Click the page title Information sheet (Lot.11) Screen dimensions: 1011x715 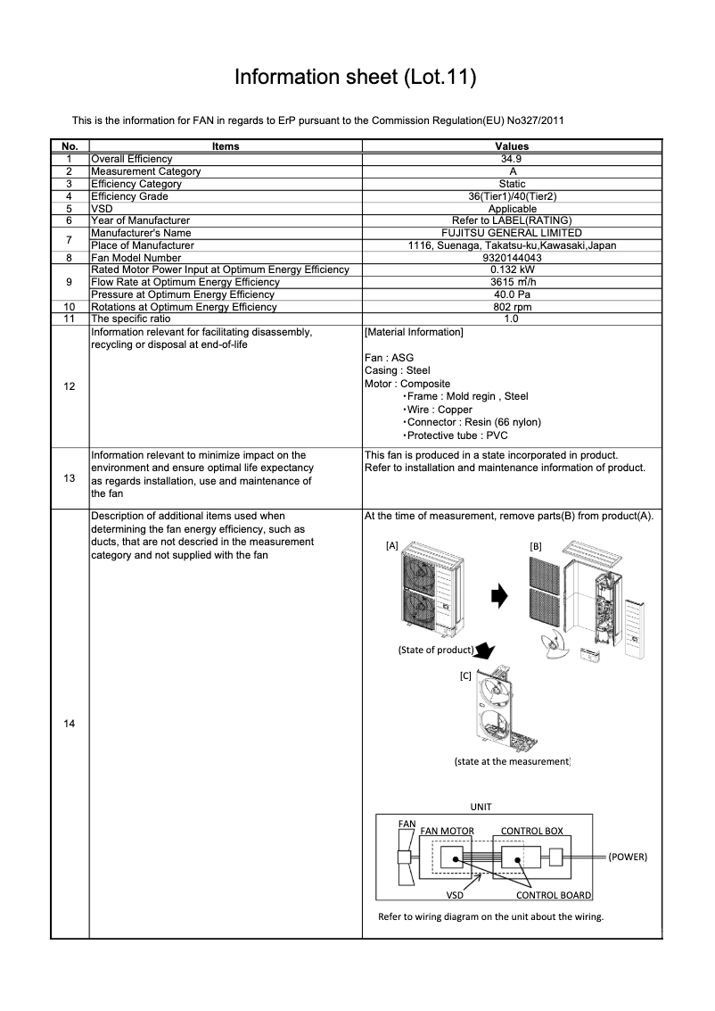pyautogui.click(x=355, y=78)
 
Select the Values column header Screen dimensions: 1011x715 pyautogui.click(x=512, y=146)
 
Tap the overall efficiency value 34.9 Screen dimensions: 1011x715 pyautogui.click(x=512, y=159)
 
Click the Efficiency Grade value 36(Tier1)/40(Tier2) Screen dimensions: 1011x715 pyautogui.click(x=512, y=196)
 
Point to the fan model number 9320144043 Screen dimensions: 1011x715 pyautogui.click(x=512, y=258)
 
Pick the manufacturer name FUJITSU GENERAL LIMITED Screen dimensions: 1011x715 pyautogui.click(x=512, y=233)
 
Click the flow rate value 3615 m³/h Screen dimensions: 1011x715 pyautogui.click(x=512, y=282)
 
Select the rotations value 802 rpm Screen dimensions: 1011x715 pyautogui.click(x=512, y=307)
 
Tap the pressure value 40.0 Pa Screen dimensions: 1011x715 pyautogui.click(x=512, y=294)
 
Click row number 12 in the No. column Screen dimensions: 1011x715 pyautogui.click(x=70, y=386)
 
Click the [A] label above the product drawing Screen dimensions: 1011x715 pyautogui.click(x=391, y=545)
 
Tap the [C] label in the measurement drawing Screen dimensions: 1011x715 pyautogui.click(x=464, y=675)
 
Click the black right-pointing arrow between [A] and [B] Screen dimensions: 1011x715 pyautogui.click(x=501, y=595)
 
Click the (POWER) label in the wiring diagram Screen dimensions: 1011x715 pyautogui.click(x=628, y=857)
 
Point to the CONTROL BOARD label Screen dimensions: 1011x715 pyautogui.click(x=554, y=895)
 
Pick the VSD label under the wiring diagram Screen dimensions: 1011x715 pyautogui.click(x=455, y=895)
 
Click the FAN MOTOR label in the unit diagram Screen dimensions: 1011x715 pyautogui.click(x=447, y=831)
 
